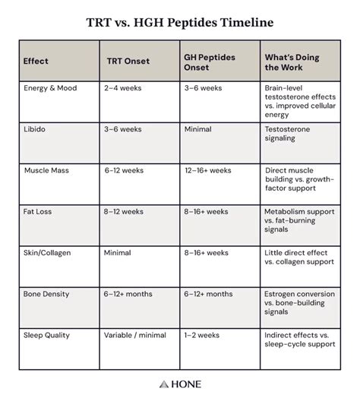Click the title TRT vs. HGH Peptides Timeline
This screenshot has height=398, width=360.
click(x=180, y=22)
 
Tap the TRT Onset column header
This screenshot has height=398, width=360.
click(x=128, y=61)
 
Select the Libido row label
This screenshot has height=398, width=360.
click(x=35, y=129)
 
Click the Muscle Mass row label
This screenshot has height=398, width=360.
click(x=48, y=170)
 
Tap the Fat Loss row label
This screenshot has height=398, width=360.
click(x=40, y=211)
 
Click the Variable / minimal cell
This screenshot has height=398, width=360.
click(x=140, y=334)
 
